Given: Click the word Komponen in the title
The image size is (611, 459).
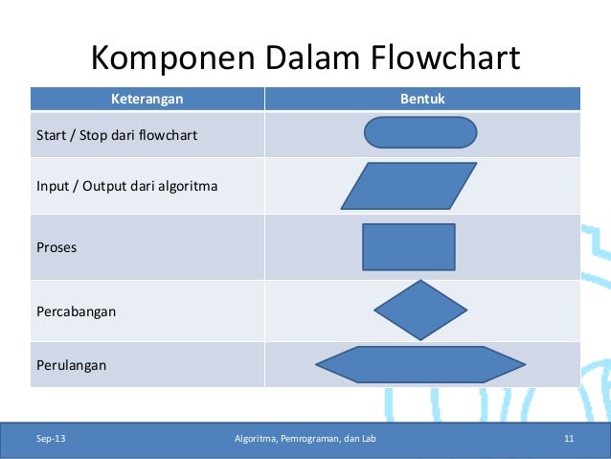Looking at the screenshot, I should pyautogui.click(x=162, y=59).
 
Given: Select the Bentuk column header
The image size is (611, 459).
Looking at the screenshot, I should pyautogui.click(x=421, y=99).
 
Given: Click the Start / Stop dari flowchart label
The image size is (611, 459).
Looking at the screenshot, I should pyautogui.click(x=116, y=135).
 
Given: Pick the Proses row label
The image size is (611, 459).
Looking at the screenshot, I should pyautogui.click(x=57, y=247).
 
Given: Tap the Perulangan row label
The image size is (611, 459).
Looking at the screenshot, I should pyautogui.click(x=71, y=365).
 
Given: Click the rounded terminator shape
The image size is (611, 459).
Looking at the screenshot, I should pyautogui.click(x=420, y=132).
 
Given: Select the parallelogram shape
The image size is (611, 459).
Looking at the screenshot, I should pyautogui.click(x=409, y=186).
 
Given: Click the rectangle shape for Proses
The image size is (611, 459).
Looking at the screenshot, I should pyautogui.click(x=409, y=247).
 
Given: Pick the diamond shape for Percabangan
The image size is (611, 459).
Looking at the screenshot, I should pyautogui.click(x=420, y=310).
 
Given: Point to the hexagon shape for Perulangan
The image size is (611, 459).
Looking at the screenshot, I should pyautogui.click(x=420, y=364).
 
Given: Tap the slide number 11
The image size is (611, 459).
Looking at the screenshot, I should pyautogui.click(x=569, y=440).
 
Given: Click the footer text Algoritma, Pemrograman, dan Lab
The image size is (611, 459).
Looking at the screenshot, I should pyautogui.click(x=305, y=440).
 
